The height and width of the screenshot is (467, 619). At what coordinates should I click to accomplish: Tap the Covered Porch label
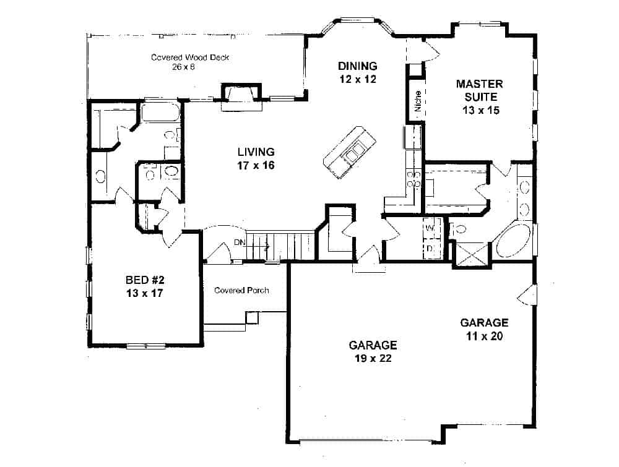241,290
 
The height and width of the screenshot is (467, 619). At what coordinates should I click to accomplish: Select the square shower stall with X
471,254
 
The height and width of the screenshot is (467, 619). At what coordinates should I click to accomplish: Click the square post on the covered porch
251,317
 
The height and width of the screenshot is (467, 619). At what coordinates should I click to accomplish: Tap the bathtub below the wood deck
159,113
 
